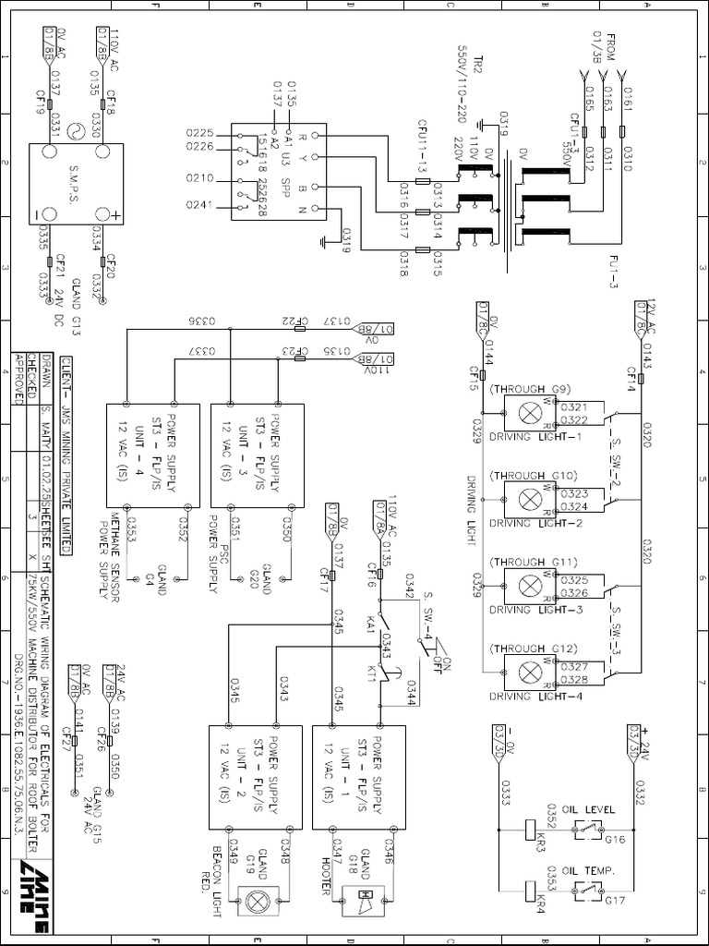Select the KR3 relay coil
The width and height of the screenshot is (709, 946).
[x=531, y=829]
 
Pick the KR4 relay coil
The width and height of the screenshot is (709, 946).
[x=531, y=891]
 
